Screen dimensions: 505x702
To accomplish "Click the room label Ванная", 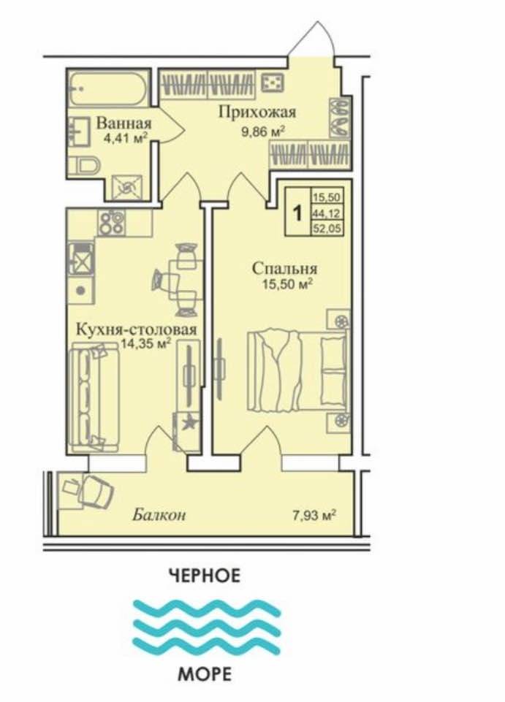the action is (x=124, y=122).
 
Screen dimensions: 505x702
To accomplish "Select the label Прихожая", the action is (x=257, y=112).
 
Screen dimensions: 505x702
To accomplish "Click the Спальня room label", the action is (x=284, y=269).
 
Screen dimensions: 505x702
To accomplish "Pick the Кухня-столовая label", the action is (x=137, y=330).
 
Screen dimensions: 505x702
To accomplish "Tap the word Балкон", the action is (x=159, y=515).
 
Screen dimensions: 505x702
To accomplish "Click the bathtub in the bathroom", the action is (x=108, y=88).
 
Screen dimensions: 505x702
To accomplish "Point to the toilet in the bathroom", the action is (x=88, y=166).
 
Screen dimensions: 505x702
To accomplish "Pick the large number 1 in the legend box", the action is (x=297, y=213).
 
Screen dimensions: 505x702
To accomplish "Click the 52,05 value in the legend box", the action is (x=327, y=229).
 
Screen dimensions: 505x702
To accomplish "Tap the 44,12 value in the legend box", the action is (x=327, y=213).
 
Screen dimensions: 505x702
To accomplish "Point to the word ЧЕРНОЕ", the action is (x=205, y=576).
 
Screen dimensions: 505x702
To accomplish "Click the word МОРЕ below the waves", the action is (x=205, y=674).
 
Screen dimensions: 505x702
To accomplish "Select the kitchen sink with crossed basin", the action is (x=81, y=259).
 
